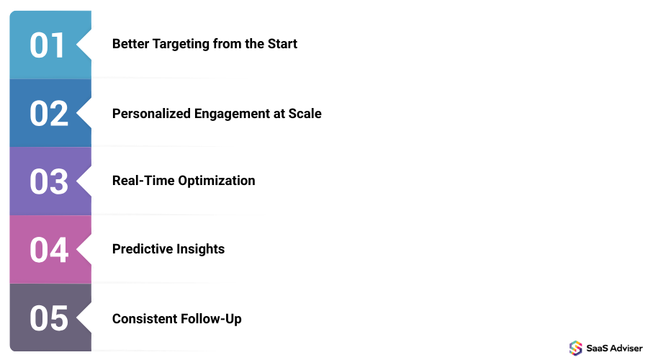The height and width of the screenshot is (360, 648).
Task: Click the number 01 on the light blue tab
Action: click(x=48, y=45)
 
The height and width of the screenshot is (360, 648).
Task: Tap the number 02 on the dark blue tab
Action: click(x=48, y=113)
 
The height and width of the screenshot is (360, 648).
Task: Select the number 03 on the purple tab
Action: click(x=48, y=181)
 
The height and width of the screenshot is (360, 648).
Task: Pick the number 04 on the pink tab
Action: click(x=48, y=250)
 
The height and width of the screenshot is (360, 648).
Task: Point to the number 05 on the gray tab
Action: click(x=48, y=318)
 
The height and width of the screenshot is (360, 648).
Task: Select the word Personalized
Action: click(x=152, y=114)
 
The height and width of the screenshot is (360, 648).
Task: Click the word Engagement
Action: click(x=231, y=114)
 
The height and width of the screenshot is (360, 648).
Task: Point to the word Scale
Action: click(x=305, y=114)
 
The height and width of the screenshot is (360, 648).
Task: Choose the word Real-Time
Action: click(x=143, y=181)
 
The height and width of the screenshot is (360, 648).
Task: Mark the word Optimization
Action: click(x=217, y=181)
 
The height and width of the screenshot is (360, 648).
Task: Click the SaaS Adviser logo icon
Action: click(x=575, y=348)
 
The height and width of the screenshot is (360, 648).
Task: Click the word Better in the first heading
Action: click(x=130, y=44)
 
